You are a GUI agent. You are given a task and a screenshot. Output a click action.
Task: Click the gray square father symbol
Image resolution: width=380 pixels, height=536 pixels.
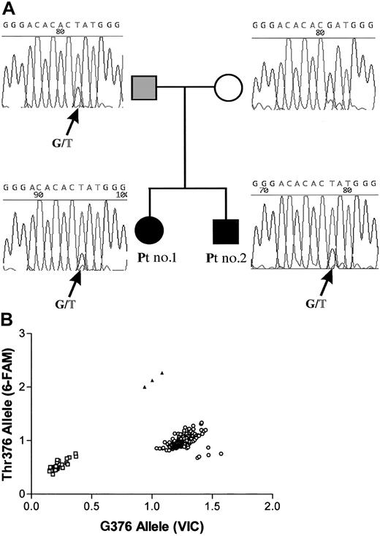coord(145,88)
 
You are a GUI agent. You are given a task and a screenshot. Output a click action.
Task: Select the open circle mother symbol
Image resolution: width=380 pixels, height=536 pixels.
coord(228,88)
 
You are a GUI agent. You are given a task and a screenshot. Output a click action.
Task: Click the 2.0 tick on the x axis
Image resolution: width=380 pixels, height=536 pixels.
coord(272,505)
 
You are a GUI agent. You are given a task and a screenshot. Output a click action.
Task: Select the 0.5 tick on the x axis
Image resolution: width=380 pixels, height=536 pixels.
coord(91,505)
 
